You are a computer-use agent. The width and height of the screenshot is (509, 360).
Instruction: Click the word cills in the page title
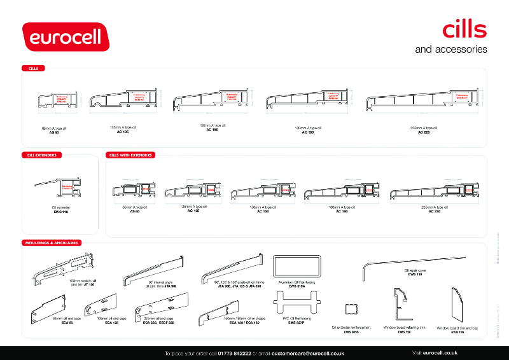pos(464,29)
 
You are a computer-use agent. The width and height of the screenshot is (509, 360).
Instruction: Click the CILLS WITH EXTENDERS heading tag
pos(131,155)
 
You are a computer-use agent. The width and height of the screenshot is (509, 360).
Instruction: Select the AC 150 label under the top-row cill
pos(213,130)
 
